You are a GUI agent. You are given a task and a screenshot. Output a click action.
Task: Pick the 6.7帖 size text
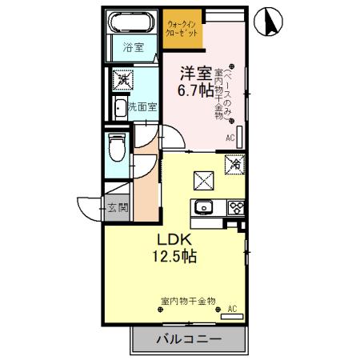pos(195,91)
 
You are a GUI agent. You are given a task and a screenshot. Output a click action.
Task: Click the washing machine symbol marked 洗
pos(123,78)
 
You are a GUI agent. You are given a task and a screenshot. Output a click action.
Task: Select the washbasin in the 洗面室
pos(119,108)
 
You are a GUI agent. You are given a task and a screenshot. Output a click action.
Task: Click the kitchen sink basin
pos(202,208)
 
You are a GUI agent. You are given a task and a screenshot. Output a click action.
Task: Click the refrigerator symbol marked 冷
pos(235,163)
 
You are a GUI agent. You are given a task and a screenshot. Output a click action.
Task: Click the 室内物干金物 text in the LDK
pos(188,301)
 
